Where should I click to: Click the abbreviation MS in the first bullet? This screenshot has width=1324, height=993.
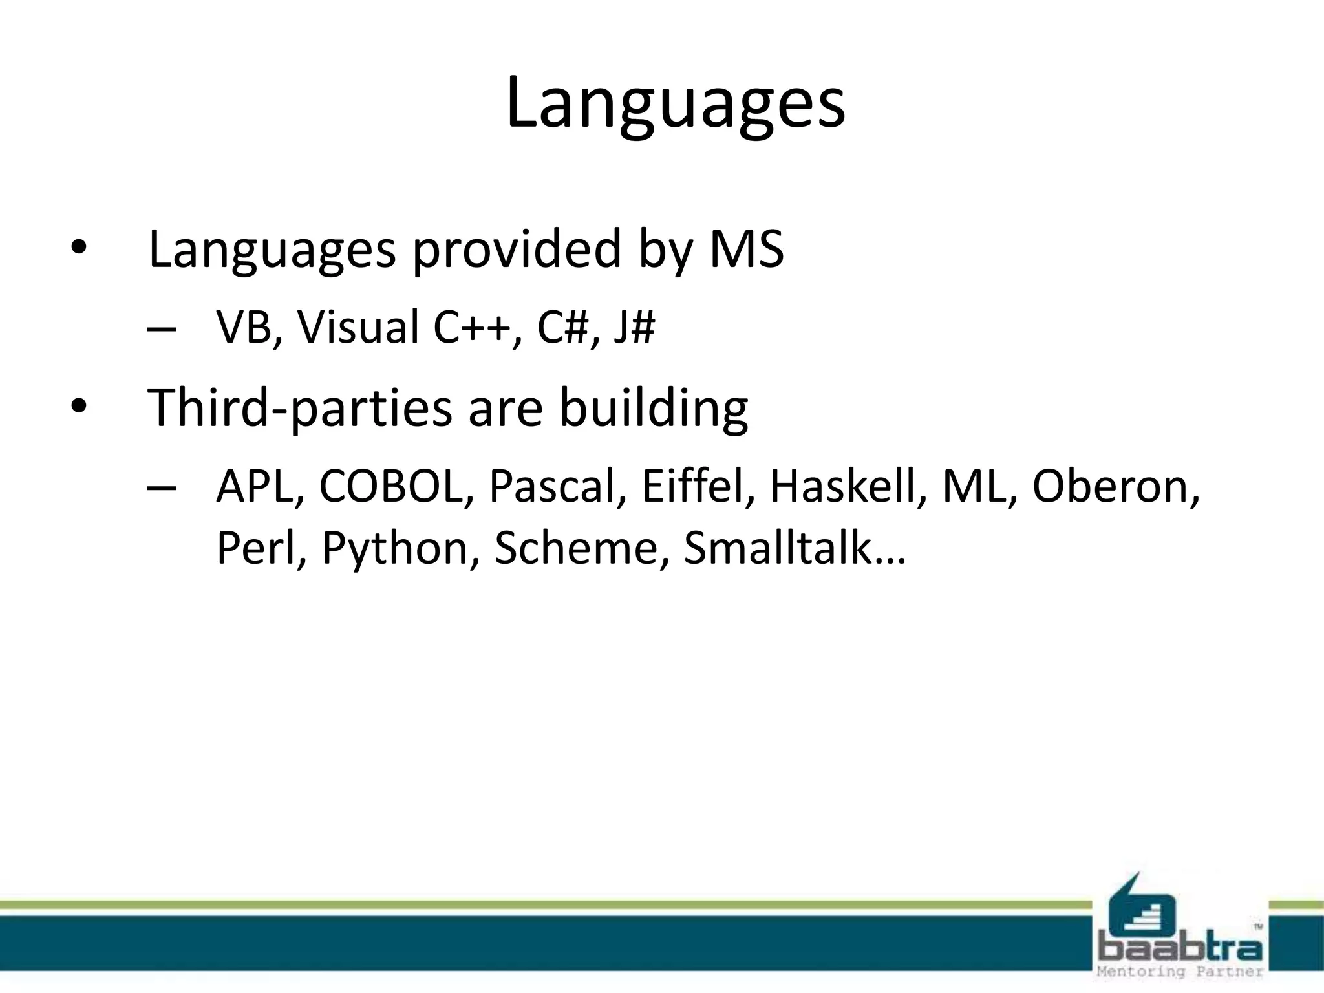coord(746,250)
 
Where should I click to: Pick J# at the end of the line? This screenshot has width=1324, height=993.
coord(634,327)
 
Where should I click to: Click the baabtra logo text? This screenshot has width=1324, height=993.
coord(1180,950)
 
